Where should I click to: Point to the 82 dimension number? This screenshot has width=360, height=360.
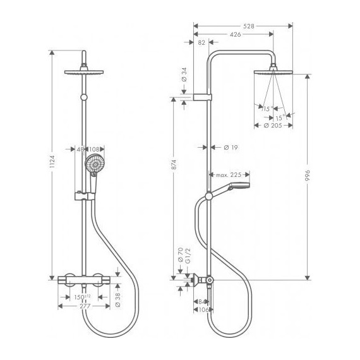(x=201, y=43)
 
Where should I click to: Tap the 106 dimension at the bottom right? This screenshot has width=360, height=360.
(x=202, y=309)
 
